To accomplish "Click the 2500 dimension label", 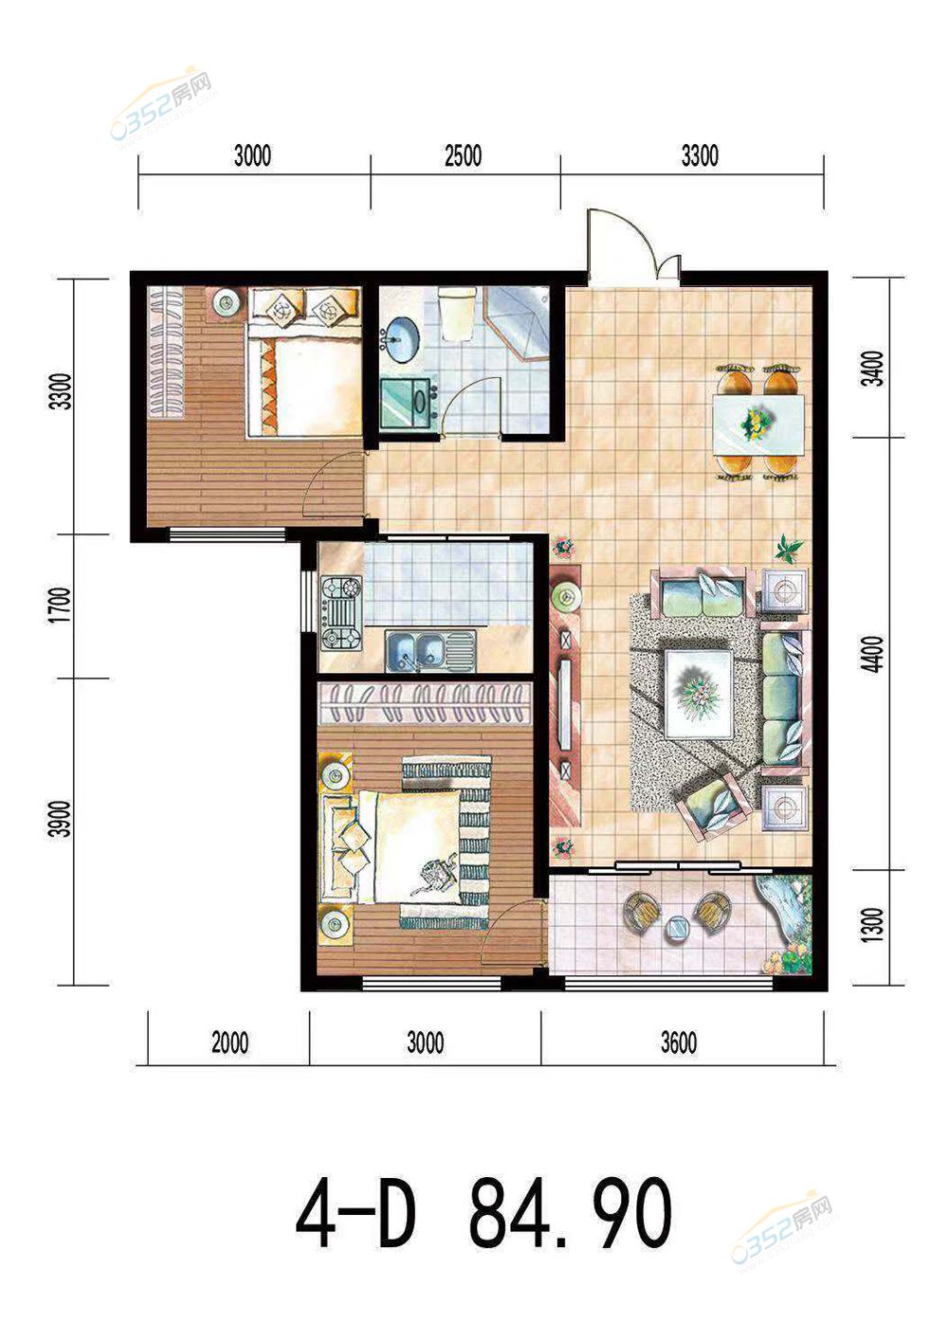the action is [x=464, y=155].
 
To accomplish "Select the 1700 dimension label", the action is [x=61, y=605].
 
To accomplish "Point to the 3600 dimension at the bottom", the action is [x=679, y=1042].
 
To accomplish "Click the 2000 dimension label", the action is [x=229, y=1042].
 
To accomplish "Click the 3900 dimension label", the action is [x=61, y=819].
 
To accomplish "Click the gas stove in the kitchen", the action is [x=342, y=614].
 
